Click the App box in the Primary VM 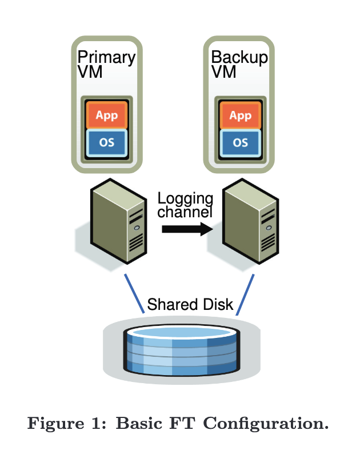106,116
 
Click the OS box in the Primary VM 106,142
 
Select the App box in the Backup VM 240,116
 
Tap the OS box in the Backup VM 240,142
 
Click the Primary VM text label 106,64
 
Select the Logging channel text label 185,205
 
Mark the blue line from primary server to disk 134,293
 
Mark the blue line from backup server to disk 245,293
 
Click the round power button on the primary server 136,228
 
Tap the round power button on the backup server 269,228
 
